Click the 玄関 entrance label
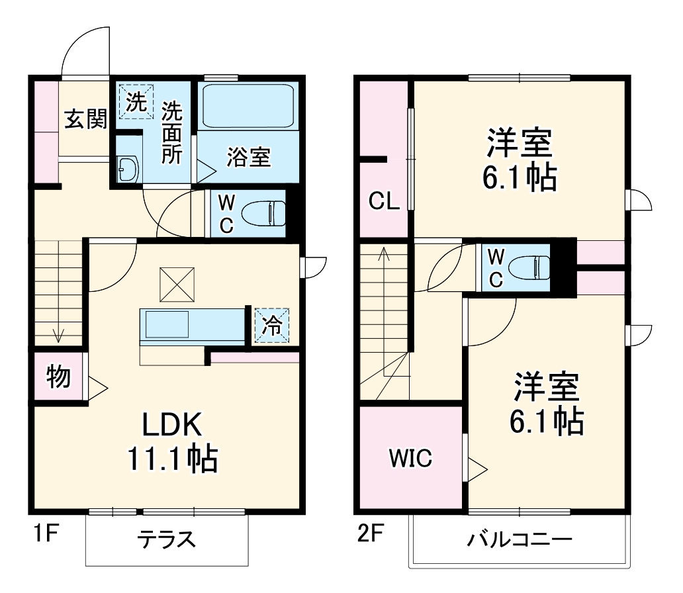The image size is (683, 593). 85,120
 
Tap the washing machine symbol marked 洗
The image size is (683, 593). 135,102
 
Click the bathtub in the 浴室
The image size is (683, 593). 248,105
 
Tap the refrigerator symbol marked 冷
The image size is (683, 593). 272,325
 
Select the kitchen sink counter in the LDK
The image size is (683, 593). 192,326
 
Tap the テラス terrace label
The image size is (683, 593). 166,539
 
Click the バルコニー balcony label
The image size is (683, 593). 519,539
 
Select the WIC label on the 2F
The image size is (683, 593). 410,457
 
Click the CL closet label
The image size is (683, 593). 384,201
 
